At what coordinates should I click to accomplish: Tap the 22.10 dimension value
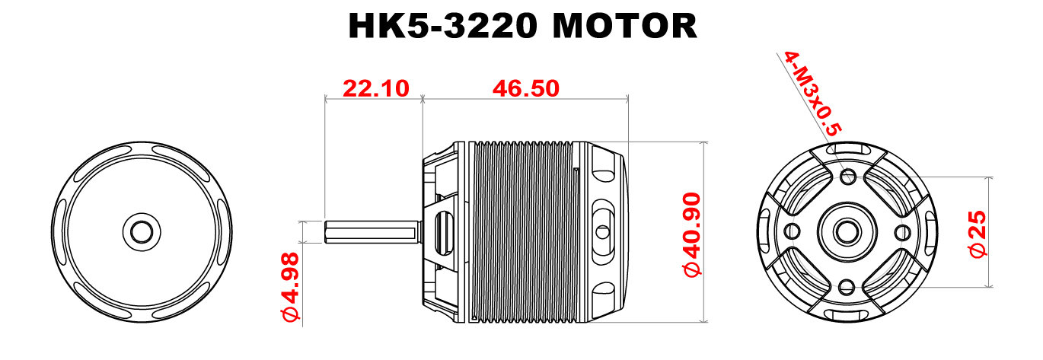coord(375,88)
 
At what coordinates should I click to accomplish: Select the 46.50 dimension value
coord(525,88)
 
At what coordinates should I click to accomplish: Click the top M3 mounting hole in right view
coord(847,177)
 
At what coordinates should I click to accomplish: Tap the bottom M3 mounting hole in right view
coord(847,286)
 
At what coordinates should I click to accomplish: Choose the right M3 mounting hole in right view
coord(903,231)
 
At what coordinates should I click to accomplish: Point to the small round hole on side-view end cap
coord(602,231)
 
